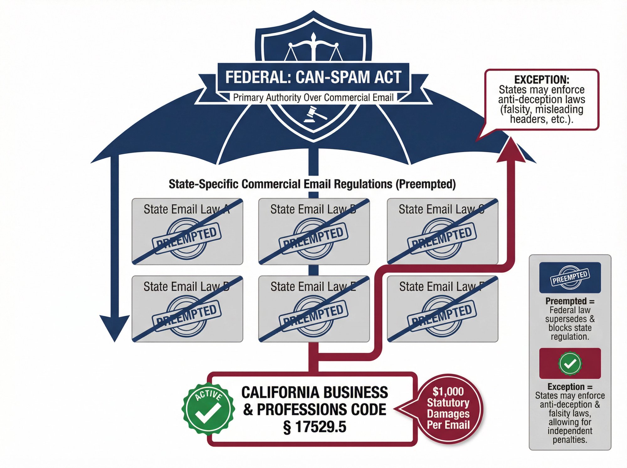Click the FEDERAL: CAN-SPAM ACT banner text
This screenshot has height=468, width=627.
[313, 77]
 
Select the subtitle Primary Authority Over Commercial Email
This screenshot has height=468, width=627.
[313, 97]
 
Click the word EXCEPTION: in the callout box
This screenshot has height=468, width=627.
[541, 79]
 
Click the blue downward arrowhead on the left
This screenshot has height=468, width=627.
[115, 328]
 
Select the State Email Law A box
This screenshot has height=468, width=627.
[187, 231]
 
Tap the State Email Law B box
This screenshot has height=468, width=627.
[314, 231]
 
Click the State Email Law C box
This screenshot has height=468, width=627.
[442, 231]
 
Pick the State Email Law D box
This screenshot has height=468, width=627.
[187, 309]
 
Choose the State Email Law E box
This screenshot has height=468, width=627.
[314, 309]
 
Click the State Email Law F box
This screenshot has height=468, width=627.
[442, 309]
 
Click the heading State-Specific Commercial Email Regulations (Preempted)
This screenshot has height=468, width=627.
[312, 184]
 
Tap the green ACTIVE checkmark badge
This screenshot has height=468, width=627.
[208, 409]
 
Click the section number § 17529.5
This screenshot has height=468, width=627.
[314, 427]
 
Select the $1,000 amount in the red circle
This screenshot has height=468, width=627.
[448, 392]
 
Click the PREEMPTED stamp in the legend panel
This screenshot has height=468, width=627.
[570, 277]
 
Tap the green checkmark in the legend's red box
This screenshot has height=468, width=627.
[570, 364]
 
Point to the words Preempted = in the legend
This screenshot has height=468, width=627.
[570, 301]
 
